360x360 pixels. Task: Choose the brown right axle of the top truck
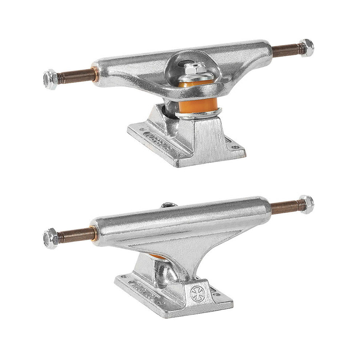pyautogui.click(x=286, y=51)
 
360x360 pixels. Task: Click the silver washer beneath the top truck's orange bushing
pyautogui.click(x=198, y=114)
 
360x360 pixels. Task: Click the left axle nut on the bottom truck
pyautogui.click(x=51, y=238)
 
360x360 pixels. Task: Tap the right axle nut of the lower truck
pyautogui.click(x=306, y=204)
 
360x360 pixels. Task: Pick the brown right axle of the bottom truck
pyautogui.click(x=285, y=207)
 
